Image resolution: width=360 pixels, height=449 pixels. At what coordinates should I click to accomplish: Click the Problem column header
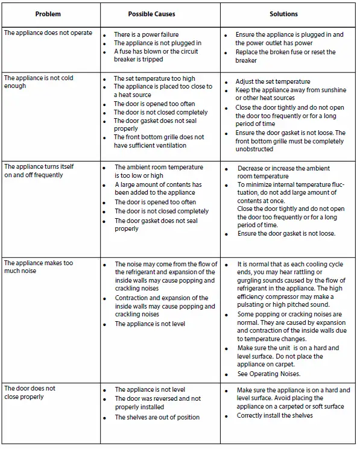(48, 13)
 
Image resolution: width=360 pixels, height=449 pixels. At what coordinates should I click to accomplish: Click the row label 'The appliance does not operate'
(48, 33)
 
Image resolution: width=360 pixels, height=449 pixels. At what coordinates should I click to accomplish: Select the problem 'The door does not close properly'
(30, 392)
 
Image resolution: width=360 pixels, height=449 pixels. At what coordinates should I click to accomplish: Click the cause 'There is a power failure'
(146, 35)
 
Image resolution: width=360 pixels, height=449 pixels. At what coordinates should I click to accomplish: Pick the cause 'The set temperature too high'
(154, 78)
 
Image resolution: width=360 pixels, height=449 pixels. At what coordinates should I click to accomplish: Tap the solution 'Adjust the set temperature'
(273, 81)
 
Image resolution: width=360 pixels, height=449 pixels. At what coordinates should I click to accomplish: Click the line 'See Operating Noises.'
(268, 374)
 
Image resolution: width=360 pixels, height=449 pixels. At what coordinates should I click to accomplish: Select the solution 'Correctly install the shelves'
(274, 415)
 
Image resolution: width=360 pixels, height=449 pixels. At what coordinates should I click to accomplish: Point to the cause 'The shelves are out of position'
(157, 417)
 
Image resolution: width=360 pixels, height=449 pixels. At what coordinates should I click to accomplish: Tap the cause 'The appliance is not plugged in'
(157, 43)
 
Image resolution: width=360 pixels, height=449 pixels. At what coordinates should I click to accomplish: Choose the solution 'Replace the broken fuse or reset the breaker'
(285, 56)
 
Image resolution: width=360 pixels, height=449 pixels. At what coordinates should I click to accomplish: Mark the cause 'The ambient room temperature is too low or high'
(159, 171)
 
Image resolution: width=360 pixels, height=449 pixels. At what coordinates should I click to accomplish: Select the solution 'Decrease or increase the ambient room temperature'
(283, 173)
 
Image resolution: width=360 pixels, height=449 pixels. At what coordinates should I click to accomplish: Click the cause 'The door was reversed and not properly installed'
(157, 403)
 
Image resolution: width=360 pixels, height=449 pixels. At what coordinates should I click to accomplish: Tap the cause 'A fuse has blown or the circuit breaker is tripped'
(156, 56)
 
